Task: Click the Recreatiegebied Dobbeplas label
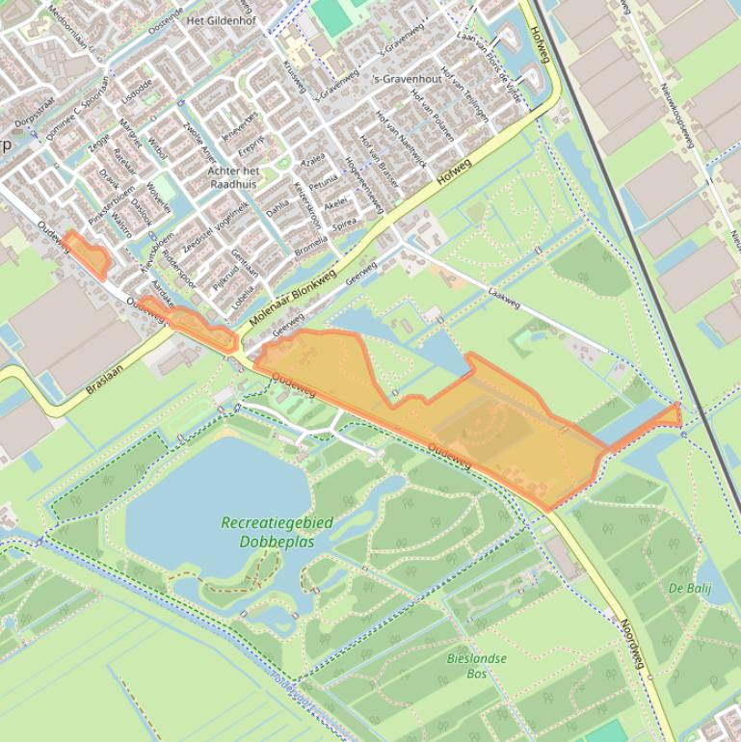tap(277, 531)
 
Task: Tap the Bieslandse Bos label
tap(476, 665)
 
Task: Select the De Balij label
tap(689, 587)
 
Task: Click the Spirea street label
tap(343, 226)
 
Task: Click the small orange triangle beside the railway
tap(671, 415)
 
